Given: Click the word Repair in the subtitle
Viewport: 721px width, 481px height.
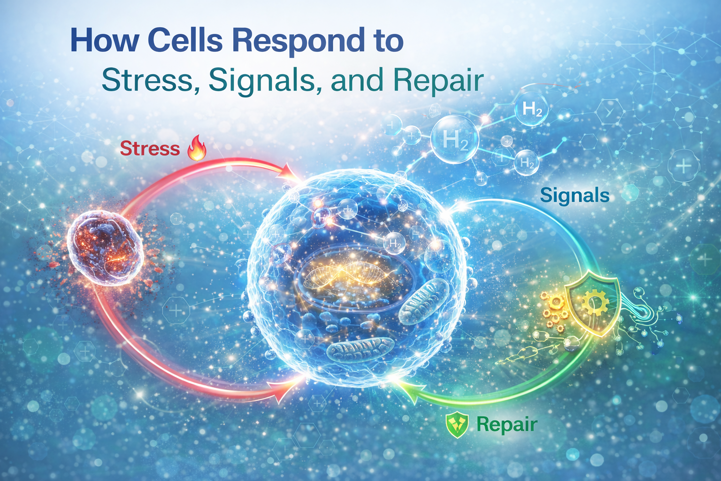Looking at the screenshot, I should (438, 81).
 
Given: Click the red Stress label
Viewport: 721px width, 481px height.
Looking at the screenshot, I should (150, 148).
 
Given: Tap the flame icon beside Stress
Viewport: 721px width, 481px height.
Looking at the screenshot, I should (197, 148).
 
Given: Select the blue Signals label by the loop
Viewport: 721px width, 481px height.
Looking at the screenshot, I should (575, 195).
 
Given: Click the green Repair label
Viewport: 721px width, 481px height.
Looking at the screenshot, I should (506, 424).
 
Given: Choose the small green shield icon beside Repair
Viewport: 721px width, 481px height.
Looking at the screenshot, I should (457, 426).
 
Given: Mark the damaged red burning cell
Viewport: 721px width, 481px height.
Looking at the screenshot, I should (105, 247).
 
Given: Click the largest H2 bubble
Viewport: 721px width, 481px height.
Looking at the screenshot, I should (454, 140).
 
